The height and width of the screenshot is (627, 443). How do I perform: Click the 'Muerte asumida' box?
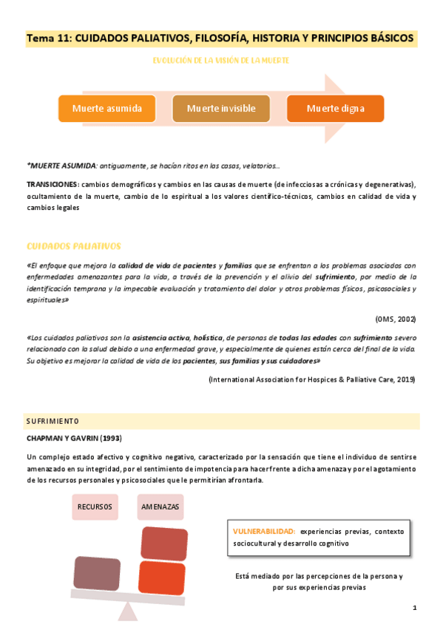click(x=106, y=109)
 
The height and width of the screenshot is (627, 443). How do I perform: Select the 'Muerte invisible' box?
click(x=220, y=109)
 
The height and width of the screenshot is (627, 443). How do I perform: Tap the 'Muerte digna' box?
click(x=335, y=109)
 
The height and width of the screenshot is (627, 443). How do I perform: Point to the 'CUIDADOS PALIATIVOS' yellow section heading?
click(x=73, y=245)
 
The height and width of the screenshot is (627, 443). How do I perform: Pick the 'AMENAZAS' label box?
click(x=159, y=507)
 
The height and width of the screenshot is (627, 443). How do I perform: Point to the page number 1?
click(x=415, y=608)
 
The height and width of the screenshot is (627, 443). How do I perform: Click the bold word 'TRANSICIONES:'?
click(x=52, y=184)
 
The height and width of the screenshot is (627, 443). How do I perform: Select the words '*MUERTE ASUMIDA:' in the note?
click(x=61, y=166)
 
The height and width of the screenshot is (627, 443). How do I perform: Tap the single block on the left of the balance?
click(x=97, y=572)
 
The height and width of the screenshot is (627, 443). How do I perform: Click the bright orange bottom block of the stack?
click(x=161, y=577)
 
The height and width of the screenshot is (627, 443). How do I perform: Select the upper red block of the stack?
click(x=164, y=543)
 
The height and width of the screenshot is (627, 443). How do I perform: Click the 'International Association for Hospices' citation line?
click(x=311, y=379)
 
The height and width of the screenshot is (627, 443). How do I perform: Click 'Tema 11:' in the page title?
click(x=47, y=37)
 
